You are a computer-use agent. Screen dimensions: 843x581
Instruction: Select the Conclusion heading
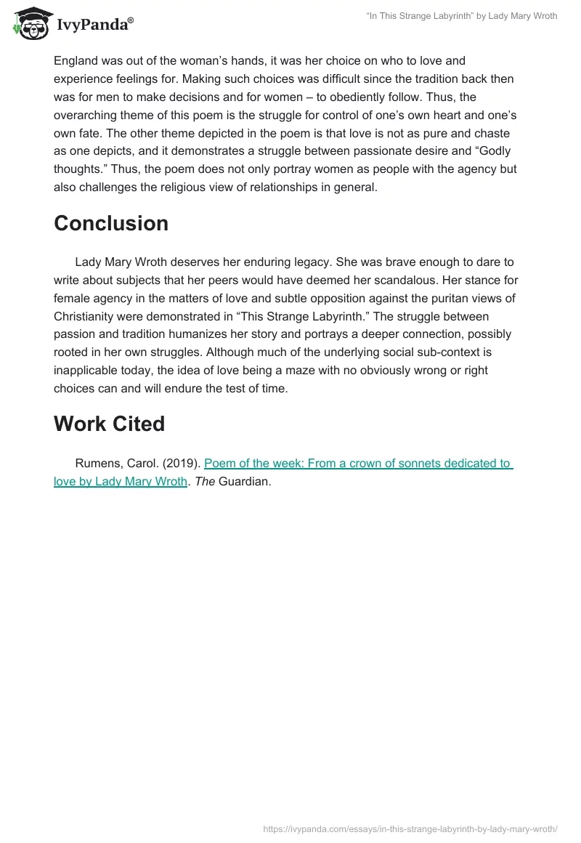tap(111, 223)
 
